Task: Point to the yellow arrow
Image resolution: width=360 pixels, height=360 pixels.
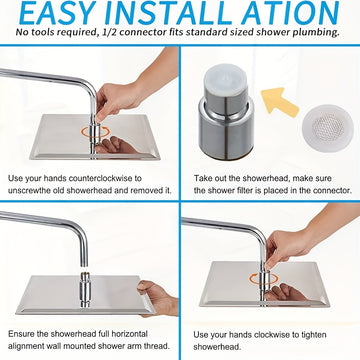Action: pyautogui.click(x=279, y=102)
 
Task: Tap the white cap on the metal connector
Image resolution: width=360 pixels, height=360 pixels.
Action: pyautogui.click(x=226, y=79)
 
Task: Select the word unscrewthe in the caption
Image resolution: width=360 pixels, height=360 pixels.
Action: pyautogui.click(x=29, y=191)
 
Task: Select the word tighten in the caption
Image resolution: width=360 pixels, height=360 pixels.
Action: pyautogui.click(x=312, y=335)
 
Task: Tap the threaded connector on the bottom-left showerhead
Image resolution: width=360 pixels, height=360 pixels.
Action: pyautogui.click(x=85, y=289)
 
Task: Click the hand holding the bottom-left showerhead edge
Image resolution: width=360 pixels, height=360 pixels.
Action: pyautogui.click(x=158, y=298)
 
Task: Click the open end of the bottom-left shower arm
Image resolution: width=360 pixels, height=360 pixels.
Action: pyautogui.click(x=84, y=265)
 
